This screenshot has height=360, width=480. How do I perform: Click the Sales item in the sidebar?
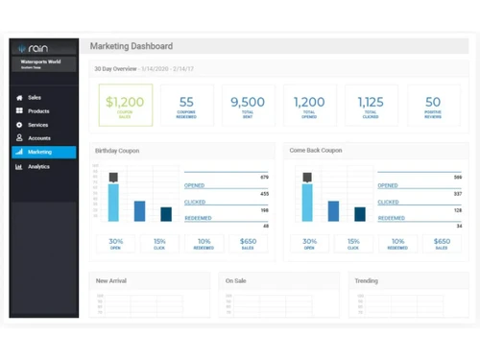click(x=34, y=98)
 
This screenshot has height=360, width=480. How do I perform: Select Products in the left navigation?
click(x=37, y=111)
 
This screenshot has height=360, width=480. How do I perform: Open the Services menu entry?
click(x=37, y=125)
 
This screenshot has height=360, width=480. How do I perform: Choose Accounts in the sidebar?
click(x=38, y=138)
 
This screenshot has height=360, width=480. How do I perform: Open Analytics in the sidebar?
click(x=38, y=166)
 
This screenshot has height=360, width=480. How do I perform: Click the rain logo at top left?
click(x=35, y=49)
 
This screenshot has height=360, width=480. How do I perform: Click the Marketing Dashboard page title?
click(x=132, y=46)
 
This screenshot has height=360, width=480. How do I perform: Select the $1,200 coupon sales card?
click(x=125, y=105)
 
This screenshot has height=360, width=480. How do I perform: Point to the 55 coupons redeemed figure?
click(x=186, y=102)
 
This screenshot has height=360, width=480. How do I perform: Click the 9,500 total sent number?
click(x=248, y=102)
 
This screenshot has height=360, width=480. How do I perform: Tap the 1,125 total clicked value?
click(x=371, y=102)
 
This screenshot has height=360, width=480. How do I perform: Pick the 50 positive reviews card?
click(x=433, y=105)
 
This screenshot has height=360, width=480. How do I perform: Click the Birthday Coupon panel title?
click(x=118, y=151)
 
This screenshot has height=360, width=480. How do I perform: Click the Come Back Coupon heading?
click(x=316, y=151)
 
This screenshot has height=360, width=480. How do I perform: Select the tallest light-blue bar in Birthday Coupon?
click(x=114, y=202)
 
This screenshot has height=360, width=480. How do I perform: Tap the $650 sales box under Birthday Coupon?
click(x=248, y=244)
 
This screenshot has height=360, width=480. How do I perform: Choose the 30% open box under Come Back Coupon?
click(x=309, y=244)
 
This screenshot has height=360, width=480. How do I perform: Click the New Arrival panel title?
click(x=111, y=281)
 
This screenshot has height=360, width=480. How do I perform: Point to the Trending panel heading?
click(x=366, y=281)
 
